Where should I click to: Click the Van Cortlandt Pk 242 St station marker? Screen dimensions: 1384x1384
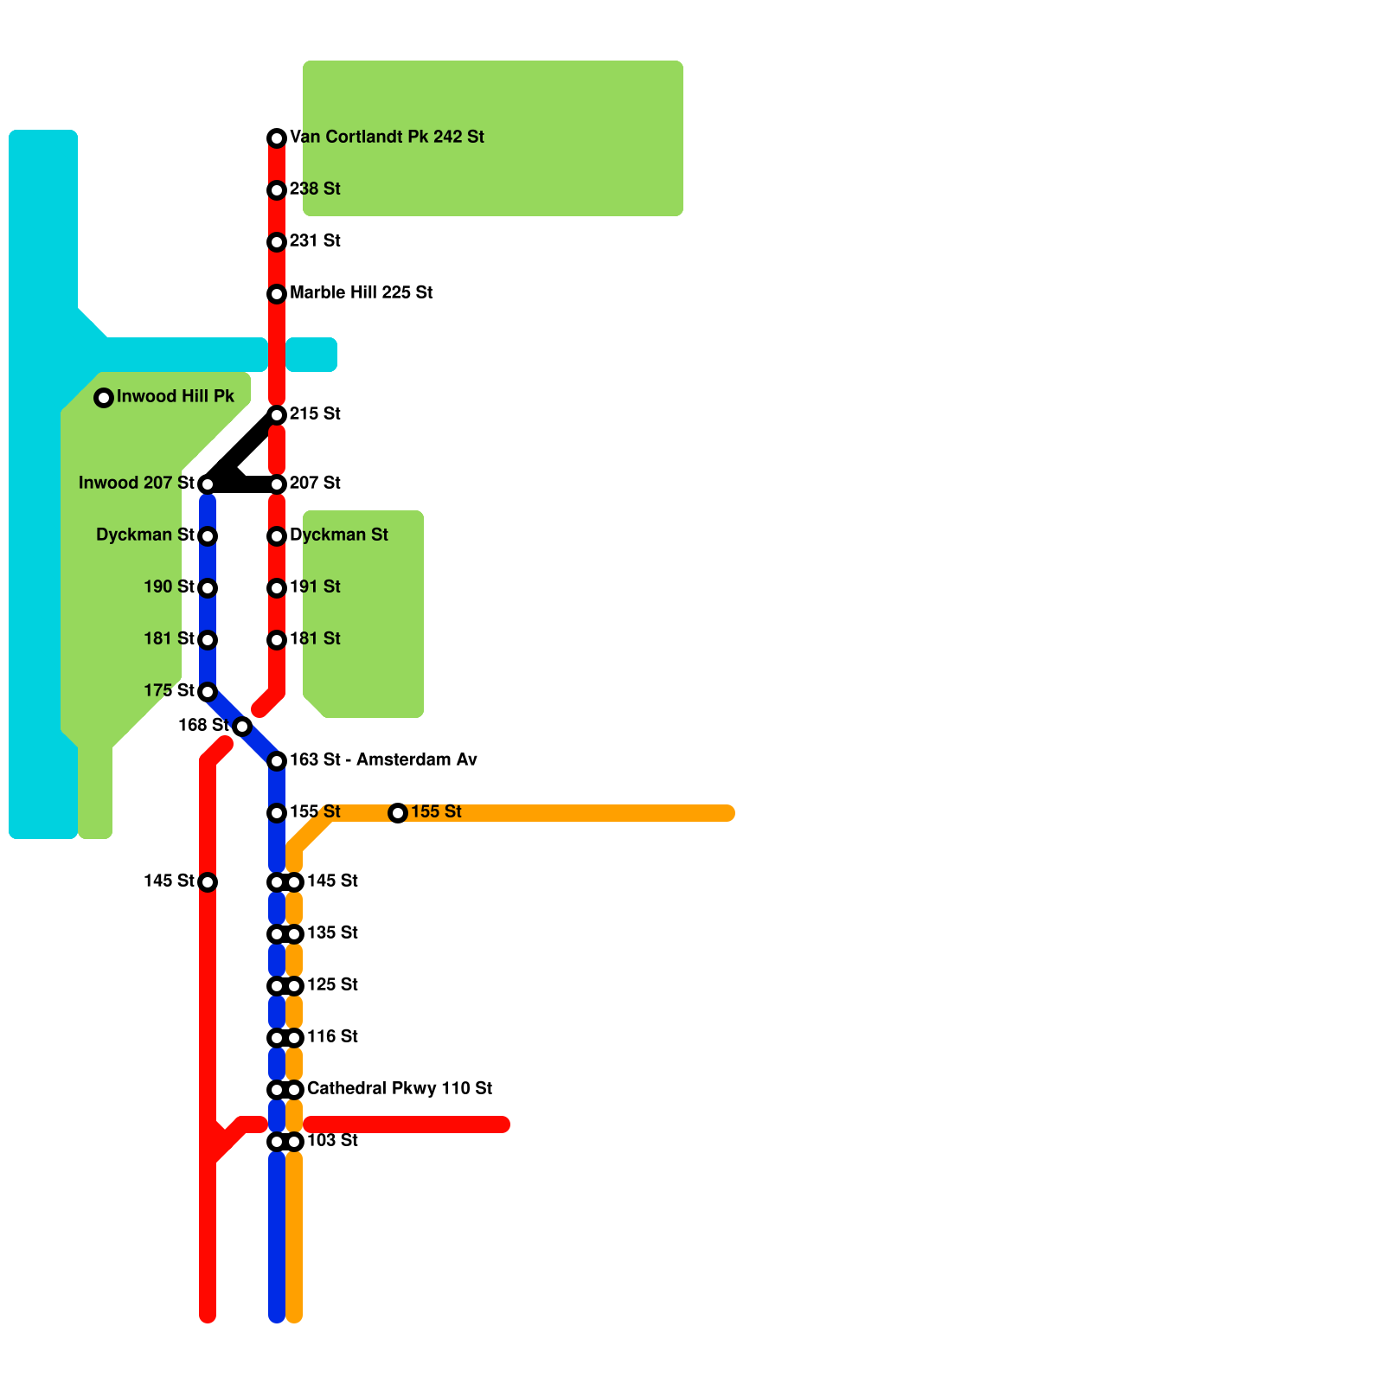coord(277,138)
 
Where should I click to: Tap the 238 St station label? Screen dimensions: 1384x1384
coord(315,189)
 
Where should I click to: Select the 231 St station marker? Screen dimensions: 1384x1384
coord(277,242)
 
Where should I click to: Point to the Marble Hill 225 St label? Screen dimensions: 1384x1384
coord(361,293)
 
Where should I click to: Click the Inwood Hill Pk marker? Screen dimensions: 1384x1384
coord(104,398)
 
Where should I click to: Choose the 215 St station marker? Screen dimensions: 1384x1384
coord(277,415)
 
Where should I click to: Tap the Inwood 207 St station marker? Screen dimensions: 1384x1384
coord(208,484)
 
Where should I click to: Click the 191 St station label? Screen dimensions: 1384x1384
coord(315,587)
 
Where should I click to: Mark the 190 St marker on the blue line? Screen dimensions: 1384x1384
coord(208,588)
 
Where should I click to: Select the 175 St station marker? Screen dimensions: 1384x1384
coord(208,692)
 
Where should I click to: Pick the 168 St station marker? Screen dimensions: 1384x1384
coord(242,727)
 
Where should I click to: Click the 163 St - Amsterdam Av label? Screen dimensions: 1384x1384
coord(383,760)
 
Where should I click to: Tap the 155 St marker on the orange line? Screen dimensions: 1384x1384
coord(398,813)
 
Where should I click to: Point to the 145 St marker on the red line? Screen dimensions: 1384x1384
coord(208,882)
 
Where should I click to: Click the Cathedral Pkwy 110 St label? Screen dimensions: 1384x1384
coord(400,1089)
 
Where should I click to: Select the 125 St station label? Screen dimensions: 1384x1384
coord(332,985)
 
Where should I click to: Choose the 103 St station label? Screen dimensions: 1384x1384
coord(332,1141)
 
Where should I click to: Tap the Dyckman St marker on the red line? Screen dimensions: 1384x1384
coord(277,536)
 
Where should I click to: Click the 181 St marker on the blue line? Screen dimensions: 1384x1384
coord(208,640)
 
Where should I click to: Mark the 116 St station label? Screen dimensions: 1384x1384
coord(332,1037)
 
